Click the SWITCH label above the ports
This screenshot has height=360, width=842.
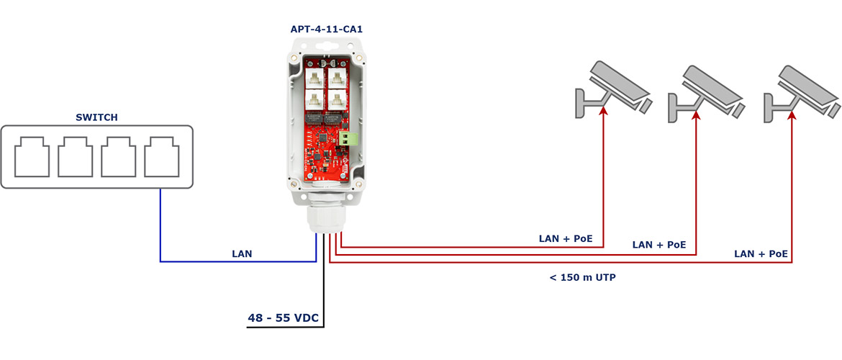(x=96, y=117)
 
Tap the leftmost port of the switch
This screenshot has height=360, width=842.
(x=32, y=156)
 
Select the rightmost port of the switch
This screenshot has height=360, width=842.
(x=162, y=156)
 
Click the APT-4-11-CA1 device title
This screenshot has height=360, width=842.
(x=327, y=29)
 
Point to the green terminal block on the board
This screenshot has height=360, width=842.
(x=348, y=138)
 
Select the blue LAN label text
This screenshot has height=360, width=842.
(x=242, y=253)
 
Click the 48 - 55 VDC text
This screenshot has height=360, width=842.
(x=284, y=318)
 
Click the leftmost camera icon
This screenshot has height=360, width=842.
(x=612, y=89)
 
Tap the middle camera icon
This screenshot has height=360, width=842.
(x=705, y=94)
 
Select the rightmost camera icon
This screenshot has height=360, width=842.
(x=801, y=94)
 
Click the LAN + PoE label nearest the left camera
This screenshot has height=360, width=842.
(x=566, y=238)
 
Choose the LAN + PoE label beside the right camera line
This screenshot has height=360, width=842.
(x=761, y=253)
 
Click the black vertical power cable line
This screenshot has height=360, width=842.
(x=324, y=279)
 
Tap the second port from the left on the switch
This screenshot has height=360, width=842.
(x=75, y=156)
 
